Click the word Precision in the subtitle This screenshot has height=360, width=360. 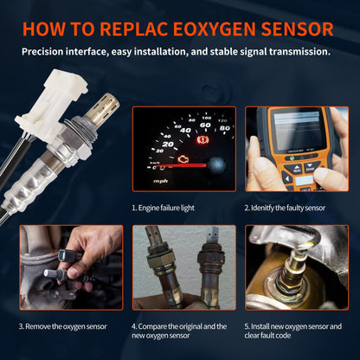(x=42, y=52)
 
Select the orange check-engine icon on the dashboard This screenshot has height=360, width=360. (x=183, y=159)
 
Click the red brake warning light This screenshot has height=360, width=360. (x=202, y=140)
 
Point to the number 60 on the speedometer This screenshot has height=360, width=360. (x=205, y=125)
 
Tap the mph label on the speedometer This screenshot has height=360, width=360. (x=160, y=181)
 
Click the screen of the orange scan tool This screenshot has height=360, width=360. (x=297, y=131)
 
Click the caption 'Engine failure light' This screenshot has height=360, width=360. (x=163, y=208)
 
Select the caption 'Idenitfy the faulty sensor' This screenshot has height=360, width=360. (x=285, y=208)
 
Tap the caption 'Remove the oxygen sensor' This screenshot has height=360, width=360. (x=63, y=326)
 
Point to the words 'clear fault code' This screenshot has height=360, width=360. (x=267, y=336)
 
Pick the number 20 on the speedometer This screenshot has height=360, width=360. (x=168, y=144)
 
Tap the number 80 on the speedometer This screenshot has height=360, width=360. (x=225, y=128)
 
